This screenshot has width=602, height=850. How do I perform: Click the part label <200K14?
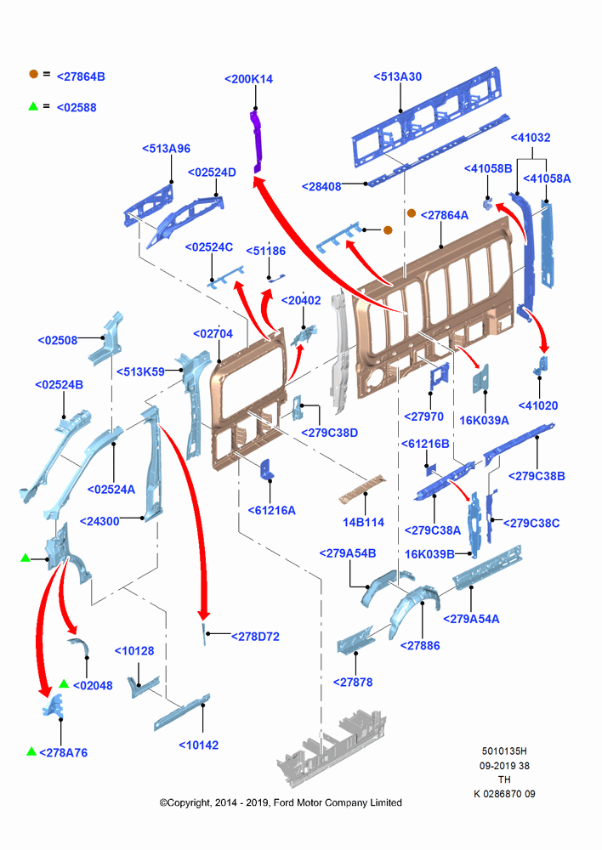coord(249,79)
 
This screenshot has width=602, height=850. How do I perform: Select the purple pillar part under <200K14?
coord(256,142)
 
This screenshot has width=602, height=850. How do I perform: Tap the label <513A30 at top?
coord(398,77)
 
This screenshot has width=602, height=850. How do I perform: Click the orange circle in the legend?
coord(34,74)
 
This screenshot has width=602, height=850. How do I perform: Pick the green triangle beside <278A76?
coord(31,751)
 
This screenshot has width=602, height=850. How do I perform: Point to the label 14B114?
coord(363,522)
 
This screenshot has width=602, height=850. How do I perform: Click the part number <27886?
coord(420,646)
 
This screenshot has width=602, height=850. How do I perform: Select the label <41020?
coord(538,405)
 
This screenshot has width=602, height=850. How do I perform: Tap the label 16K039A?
coord(485,420)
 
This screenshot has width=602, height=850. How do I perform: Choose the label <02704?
coord(213,334)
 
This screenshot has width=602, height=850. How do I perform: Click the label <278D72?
coord(255,637)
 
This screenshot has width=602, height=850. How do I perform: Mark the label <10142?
coord(199,745)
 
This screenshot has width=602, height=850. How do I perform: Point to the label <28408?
coord(321,186)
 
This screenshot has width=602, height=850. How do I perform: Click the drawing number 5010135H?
coord(504,751)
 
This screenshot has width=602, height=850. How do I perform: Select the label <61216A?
coord(272,510)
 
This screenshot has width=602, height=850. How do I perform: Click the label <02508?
coord(58,341)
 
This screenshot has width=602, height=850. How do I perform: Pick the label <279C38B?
coord(537,476)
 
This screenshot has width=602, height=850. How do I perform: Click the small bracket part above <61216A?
coord(267,469)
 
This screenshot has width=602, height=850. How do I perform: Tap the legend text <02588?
coord(77,108)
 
